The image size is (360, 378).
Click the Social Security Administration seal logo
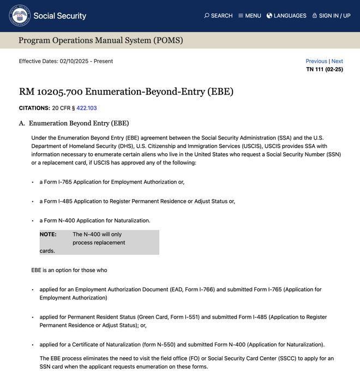tap(20, 16)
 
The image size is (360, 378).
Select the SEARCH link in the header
tap(218, 16)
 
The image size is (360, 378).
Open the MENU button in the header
tap(249, 16)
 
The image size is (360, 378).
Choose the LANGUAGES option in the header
tap(286, 16)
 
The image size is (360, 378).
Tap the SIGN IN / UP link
tap(331, 16)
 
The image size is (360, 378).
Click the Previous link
tap(316, 61)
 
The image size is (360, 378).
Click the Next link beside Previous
tap(337, 61)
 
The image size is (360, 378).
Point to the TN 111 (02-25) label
tap(325, 69)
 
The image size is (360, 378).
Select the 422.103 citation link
tap(87, 108)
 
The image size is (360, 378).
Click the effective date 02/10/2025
tap(74, 61)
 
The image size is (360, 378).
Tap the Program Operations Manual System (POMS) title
tap(101, 40)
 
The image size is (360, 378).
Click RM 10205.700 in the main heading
tap(51, 92)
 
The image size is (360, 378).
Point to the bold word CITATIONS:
tap(34, 108)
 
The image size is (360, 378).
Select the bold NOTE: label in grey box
tap(48, 235)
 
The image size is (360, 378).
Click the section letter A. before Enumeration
tap(22, 123)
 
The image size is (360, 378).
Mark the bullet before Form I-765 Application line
tap(33, 182)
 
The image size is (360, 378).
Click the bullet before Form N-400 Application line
tap(33, 221)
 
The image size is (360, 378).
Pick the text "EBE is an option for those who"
tap(69, 270)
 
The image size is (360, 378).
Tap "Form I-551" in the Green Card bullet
tap(184, 317)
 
